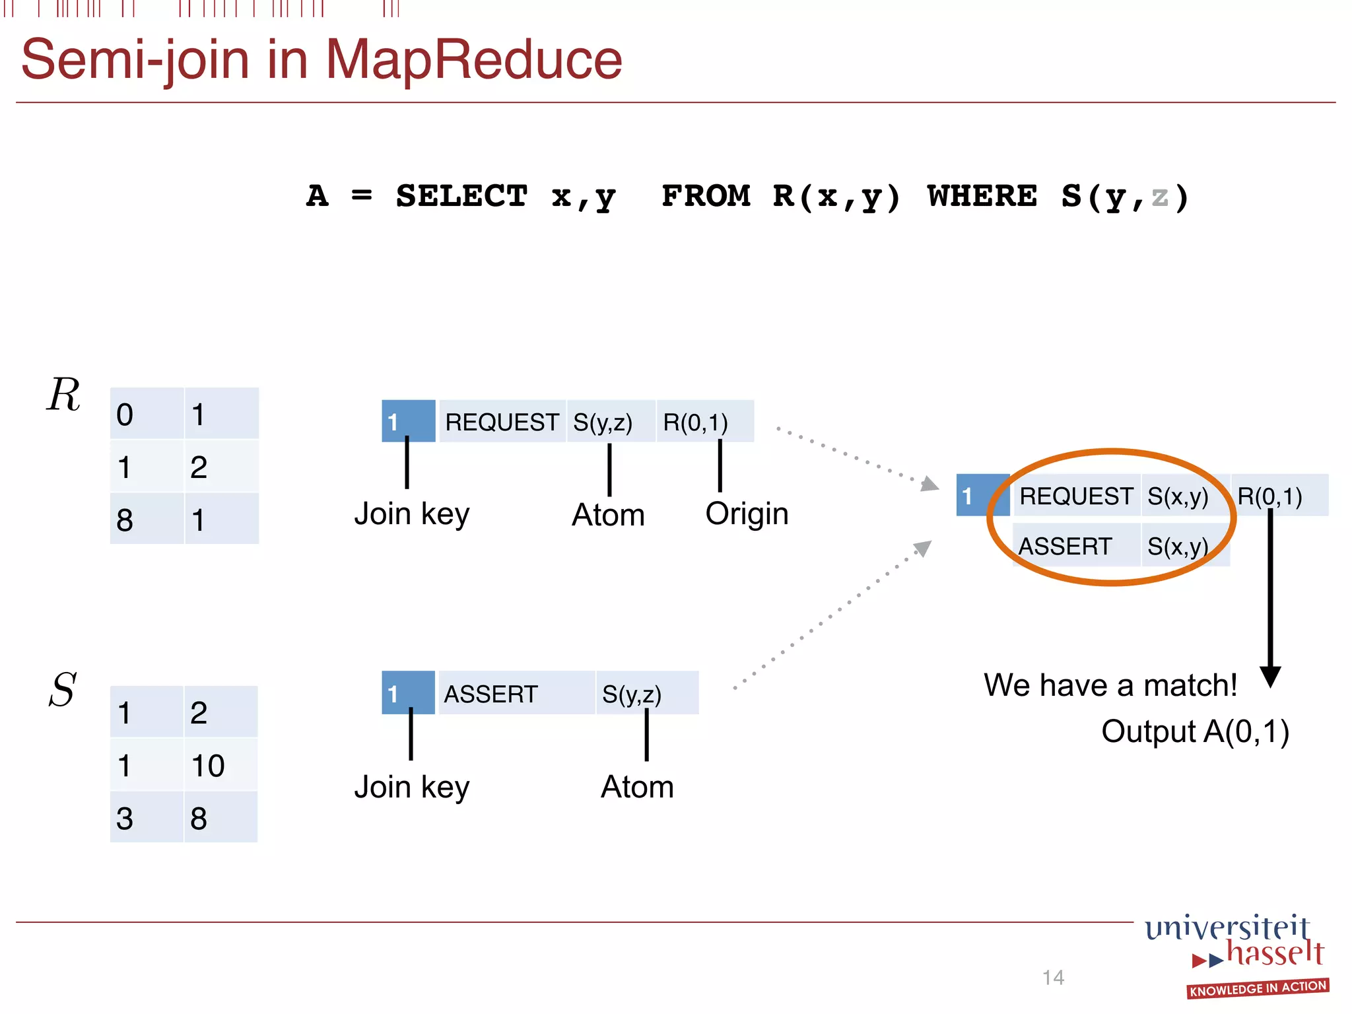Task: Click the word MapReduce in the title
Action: point(473,59)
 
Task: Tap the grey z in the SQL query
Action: point(1159,196)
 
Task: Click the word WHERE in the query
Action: point(982,196)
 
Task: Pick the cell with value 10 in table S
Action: point(220,765)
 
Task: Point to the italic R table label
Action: point(63,395)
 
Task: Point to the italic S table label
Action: point(63,690)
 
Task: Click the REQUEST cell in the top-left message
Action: point(502,422)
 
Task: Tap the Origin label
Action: point(747,514)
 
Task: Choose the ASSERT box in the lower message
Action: point(516,694)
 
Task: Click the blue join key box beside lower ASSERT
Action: point(408,693)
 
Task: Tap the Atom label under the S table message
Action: point(637,787)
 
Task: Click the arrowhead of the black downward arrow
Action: point(1270,677)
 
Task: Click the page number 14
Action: point(1053,977)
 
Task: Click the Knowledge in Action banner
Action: point(1258,988)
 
